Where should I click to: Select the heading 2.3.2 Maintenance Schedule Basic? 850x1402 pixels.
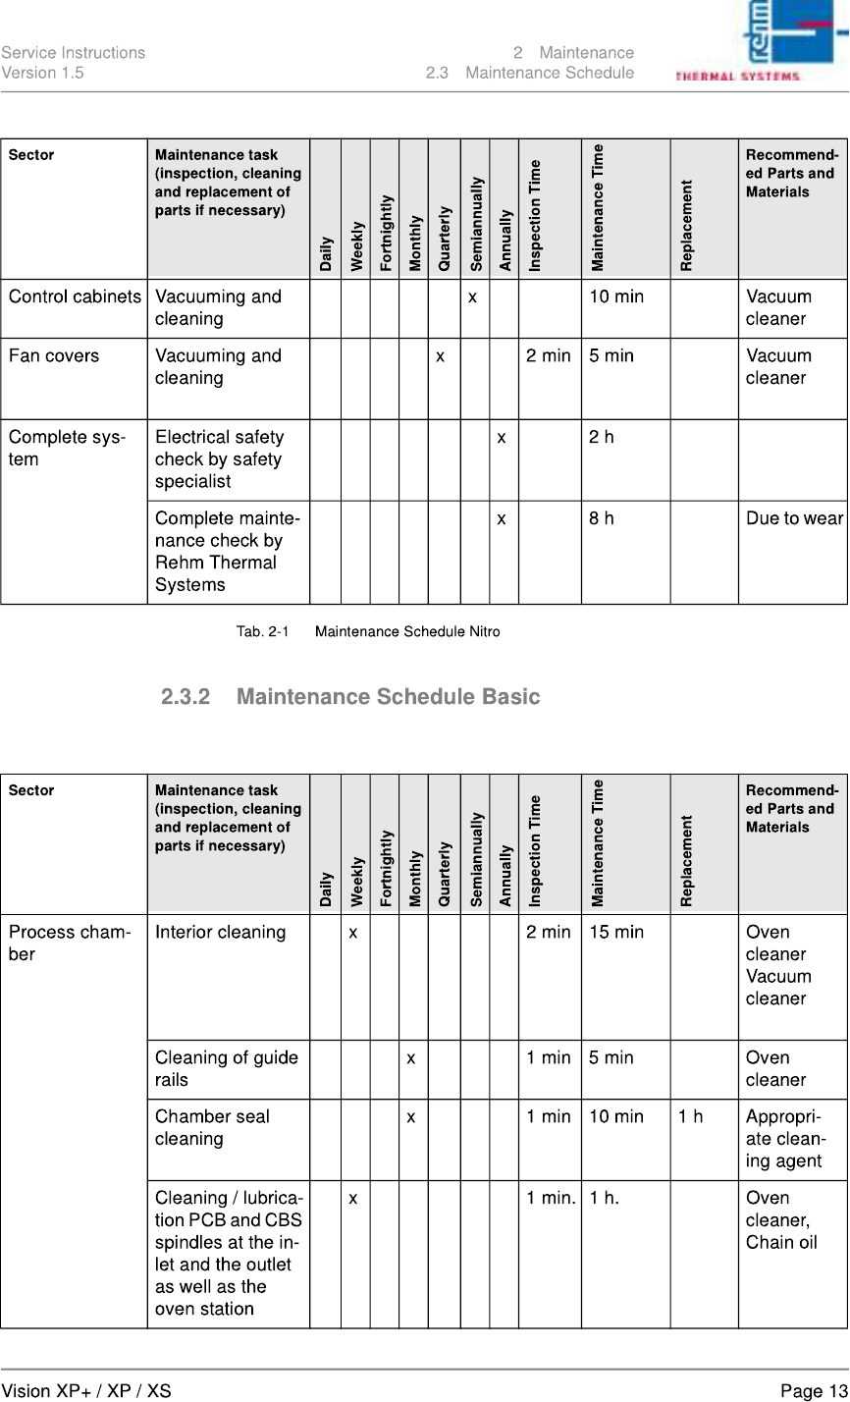pos(350,697)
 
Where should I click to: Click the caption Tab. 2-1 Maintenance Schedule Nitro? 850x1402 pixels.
pos(368,631)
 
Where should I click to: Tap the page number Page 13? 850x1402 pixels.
pos(813,1390)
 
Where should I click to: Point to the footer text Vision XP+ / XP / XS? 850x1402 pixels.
pos(85,1390)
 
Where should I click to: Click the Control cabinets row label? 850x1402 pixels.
pos(75,297)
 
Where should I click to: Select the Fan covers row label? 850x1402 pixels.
pos(54,355)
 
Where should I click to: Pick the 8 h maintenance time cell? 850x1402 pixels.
pos(602,518)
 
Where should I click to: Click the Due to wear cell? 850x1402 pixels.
pos(794,518)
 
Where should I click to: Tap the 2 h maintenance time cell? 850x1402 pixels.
pos(602,437)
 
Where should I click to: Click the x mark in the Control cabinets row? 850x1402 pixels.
pos(473,297)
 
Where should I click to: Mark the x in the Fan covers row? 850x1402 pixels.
pos(443,355)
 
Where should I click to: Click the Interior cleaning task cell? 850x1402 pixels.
pos(221,933)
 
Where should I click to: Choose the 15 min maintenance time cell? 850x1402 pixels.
pos(616,933)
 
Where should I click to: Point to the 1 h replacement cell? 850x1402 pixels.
pos(690,1116)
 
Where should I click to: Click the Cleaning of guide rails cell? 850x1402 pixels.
pos(226,1068)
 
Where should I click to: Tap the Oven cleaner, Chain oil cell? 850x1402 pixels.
pos(781,1219)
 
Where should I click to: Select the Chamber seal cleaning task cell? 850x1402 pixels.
pos(212,1127)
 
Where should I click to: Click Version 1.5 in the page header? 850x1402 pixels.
pos(42,73)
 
